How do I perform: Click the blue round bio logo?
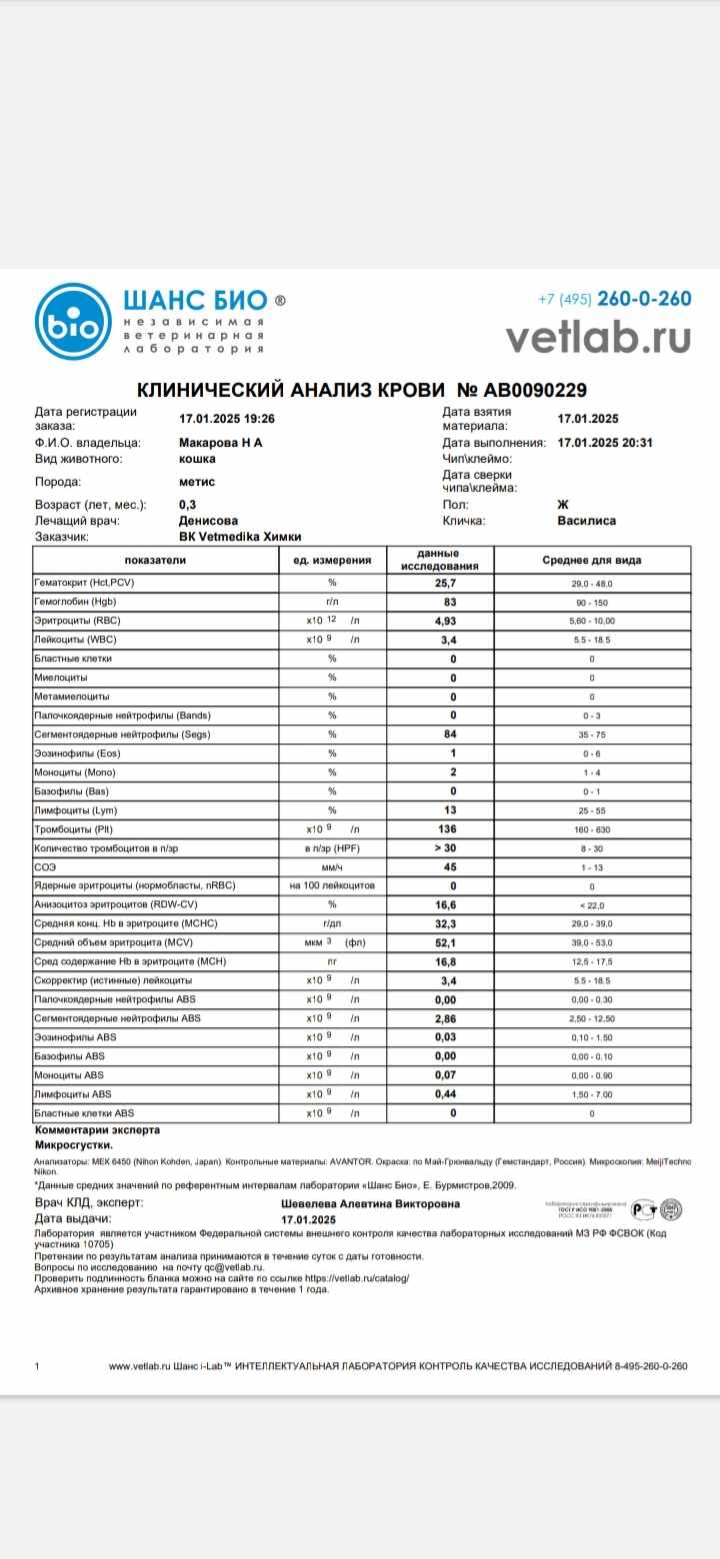pos(73,322)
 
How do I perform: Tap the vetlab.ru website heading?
pos(598,337)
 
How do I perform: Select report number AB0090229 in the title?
pos(521,390)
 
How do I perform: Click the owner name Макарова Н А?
pos(220,442)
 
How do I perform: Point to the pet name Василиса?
pos(587,521)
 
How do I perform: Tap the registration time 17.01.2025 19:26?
pos(226,420)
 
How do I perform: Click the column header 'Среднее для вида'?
pos(592,561)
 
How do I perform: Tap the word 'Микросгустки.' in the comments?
pos(74,1144)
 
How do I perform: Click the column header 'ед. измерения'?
pos(332,561)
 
